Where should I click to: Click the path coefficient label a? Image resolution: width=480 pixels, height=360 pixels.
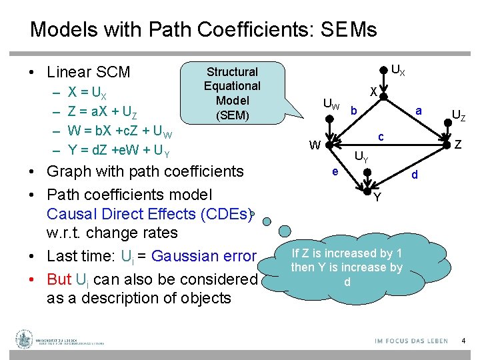418,111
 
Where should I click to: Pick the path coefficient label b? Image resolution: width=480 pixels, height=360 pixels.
354,110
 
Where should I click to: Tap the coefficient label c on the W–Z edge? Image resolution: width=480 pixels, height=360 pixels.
381,137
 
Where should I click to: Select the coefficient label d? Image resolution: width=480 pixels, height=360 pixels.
415,175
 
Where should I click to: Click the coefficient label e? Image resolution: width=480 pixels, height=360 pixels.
335,171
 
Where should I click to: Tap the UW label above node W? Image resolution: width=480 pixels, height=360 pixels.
331,105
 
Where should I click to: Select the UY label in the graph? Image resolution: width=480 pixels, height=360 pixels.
361,158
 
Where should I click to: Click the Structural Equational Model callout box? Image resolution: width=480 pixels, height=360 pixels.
232,93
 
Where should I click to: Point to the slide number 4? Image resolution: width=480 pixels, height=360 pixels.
463,341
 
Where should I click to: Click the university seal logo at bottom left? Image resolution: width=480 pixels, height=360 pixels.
25,339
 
